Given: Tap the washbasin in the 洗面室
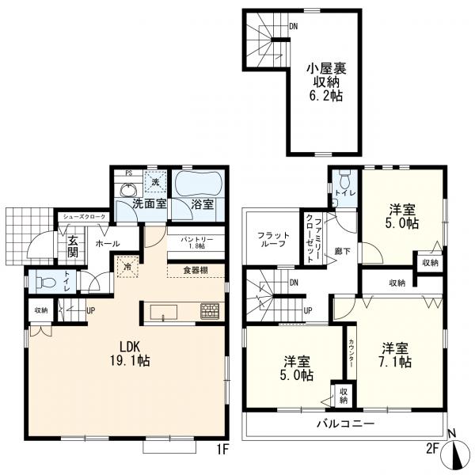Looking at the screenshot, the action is [129, 190].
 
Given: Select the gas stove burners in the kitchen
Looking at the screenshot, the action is [210, 311].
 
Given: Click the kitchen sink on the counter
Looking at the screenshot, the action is [164, 313].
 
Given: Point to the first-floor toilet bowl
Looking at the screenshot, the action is [46, 283].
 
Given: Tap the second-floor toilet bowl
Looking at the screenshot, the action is [344, 179].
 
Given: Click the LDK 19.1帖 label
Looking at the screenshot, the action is [130, 353].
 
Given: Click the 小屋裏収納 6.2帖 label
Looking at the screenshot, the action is [326, 82].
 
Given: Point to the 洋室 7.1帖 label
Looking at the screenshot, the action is [395, 355].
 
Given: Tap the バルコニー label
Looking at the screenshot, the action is [346, 424].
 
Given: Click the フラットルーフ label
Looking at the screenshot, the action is [273, 239].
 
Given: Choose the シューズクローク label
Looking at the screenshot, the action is [84, 217].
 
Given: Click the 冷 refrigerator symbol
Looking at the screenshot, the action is [127, 267].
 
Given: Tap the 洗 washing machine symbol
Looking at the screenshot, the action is [155, 182].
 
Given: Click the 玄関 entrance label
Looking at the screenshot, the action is [73, 246].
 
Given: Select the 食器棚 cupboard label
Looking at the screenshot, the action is [196, 270].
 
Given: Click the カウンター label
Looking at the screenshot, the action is [351, 352].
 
